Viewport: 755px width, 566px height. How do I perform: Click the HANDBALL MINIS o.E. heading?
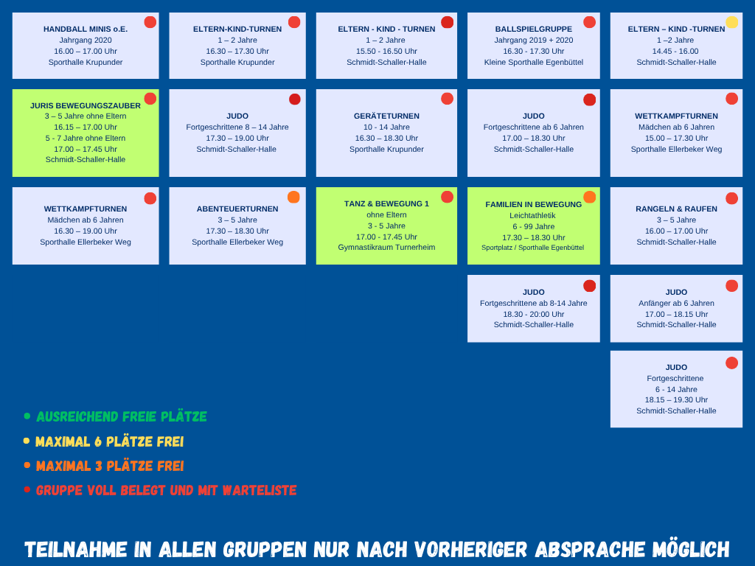(86, 29)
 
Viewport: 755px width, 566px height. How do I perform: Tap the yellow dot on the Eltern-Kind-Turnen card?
(732, 22)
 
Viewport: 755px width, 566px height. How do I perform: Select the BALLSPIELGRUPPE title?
(534, 29)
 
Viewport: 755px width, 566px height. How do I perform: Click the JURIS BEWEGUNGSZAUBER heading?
(86, 105)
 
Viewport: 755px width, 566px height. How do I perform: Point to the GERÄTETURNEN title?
(386, 116)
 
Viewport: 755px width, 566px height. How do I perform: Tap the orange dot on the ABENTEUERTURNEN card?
(293, 197)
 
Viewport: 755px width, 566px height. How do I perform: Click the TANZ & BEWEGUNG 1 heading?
(386, 203)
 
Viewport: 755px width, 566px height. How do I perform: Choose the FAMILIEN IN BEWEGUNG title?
(534, 205)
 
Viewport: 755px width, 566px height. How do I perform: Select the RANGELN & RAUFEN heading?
(676, 209)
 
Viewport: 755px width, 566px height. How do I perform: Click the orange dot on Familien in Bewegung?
(589, 197)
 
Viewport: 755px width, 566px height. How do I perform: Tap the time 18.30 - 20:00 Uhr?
(534, 314)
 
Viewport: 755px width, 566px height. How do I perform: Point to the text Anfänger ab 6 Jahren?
(676, 303)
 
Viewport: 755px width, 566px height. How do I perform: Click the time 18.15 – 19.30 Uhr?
(676, 400)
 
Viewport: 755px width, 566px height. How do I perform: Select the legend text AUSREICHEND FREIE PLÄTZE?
(122, 417)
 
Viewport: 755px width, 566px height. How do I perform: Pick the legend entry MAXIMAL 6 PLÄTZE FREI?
(109, 442)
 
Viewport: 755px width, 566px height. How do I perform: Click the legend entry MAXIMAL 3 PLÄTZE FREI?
(110, 467)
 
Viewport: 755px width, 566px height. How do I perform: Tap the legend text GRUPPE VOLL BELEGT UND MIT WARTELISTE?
(166, 490)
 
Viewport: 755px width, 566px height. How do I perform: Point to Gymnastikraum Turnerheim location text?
(386, 248)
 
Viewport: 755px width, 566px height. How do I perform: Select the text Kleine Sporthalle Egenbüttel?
(534, 62)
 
